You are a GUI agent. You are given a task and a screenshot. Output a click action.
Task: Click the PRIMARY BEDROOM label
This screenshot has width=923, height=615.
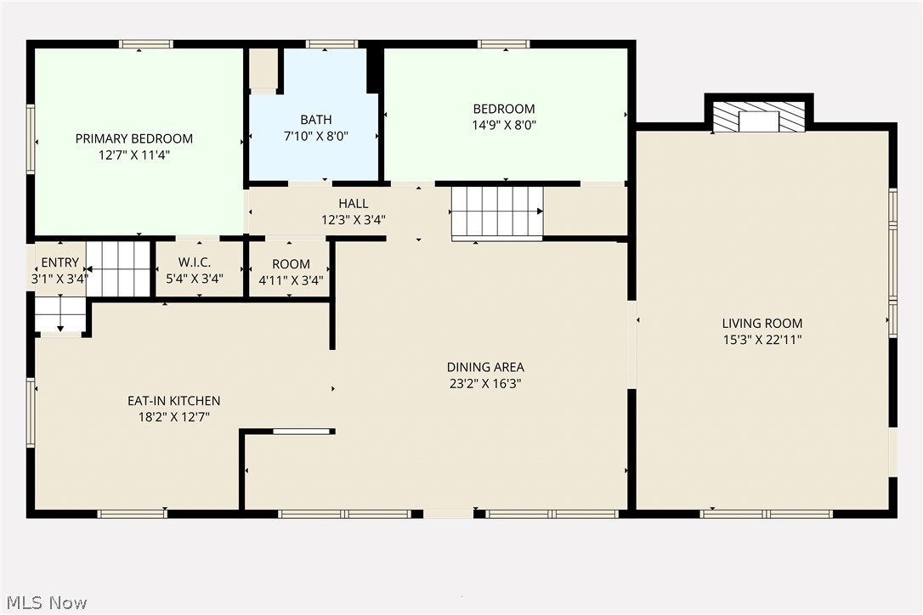point(133,138)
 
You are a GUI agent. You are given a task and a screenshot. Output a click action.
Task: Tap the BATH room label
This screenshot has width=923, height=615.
point(315,120)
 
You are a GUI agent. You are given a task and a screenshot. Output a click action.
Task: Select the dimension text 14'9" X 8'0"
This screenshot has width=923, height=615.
point(504,124)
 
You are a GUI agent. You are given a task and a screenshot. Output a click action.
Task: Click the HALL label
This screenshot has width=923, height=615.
point(354,203)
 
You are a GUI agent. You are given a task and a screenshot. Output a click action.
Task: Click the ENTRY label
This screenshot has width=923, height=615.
point(59,262)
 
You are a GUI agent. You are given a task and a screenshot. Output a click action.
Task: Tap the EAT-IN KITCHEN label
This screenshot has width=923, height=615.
point(173,401)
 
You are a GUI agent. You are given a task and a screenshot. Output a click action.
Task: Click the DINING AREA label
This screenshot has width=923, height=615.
point(485,367)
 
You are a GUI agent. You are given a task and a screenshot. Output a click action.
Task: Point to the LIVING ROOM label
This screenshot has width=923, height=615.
point(762,323)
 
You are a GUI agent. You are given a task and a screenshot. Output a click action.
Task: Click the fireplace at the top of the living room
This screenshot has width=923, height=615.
point(758,117)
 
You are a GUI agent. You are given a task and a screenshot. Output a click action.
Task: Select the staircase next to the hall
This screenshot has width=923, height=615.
point(497,212)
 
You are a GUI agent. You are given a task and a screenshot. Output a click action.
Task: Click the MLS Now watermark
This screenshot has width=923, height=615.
point(44,602)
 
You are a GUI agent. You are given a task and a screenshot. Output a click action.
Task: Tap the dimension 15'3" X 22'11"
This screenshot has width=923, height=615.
point(762,339)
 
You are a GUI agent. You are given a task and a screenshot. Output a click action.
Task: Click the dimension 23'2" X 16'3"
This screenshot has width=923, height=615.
point(485,383)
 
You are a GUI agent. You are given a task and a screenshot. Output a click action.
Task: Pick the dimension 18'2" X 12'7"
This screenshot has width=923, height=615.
point(173,416)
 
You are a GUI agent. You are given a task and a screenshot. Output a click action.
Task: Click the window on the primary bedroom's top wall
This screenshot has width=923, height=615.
point(146,44)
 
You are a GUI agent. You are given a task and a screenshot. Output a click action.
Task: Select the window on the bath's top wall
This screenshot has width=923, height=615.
point(331,44)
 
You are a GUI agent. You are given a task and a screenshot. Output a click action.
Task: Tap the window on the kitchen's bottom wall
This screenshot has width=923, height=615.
point(133,513)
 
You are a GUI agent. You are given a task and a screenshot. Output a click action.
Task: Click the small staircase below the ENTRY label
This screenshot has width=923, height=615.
point(60,313)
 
